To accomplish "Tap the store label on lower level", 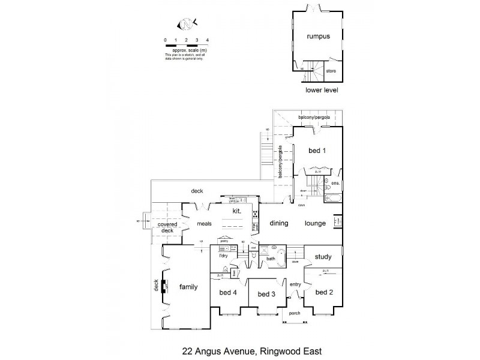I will click(331, 71).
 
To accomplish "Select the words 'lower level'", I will click(322, 91).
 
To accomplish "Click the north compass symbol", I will click(187, 25).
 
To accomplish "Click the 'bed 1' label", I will click(317, 151).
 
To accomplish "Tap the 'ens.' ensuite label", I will click(335, 182).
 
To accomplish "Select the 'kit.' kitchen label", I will click(236, 211).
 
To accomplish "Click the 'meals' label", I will click(206, 224).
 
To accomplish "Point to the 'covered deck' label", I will click(167, 227).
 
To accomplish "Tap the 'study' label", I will click(323, 257).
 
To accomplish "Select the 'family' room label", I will click(189, 287).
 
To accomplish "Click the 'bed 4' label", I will click(228, 292).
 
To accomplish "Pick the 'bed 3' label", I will click(266, 294).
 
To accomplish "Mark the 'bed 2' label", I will click(323, 292).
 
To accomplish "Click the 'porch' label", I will click(294, 313).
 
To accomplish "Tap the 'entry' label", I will click(295, 284).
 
